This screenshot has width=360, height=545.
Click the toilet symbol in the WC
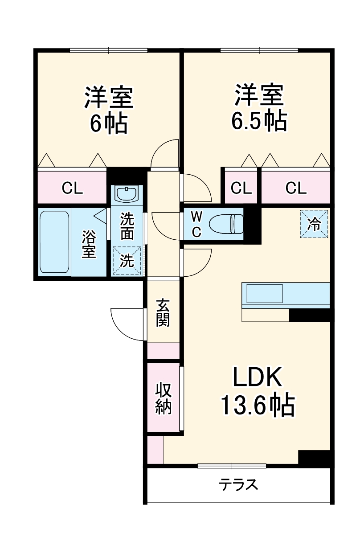[226, 223]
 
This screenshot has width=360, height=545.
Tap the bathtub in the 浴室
[54, 243]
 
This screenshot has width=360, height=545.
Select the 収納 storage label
[163, 398]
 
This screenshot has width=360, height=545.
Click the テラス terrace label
[238, 484]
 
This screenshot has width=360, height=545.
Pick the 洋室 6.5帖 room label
[258, 107]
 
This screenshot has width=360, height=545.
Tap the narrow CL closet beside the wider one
[241, 188]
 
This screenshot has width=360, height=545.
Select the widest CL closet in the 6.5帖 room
[296, 188]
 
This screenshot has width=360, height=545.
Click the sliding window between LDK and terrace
[232, 466]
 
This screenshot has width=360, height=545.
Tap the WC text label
[196, 224]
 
